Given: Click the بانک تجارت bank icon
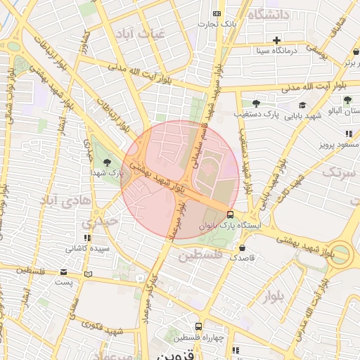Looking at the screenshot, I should pyautogui.click(x=217, y=14).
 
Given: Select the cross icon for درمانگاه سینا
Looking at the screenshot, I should pyautogui.click(x=277, y=40).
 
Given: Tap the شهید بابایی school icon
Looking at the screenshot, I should pyautogui.click(x=302, y=105).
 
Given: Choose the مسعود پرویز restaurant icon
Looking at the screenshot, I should pyautogui.click(x=348, y=134).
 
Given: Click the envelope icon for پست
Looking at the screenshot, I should pyautogui.click(x=64, y=271).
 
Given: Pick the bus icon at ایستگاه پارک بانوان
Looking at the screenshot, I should pyautogui.click(x=231, y=215).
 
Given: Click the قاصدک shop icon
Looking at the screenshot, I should pyautogui.click(x=243, y=247).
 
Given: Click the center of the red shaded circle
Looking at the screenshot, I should pyautogui.click(x=180, y=180).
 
